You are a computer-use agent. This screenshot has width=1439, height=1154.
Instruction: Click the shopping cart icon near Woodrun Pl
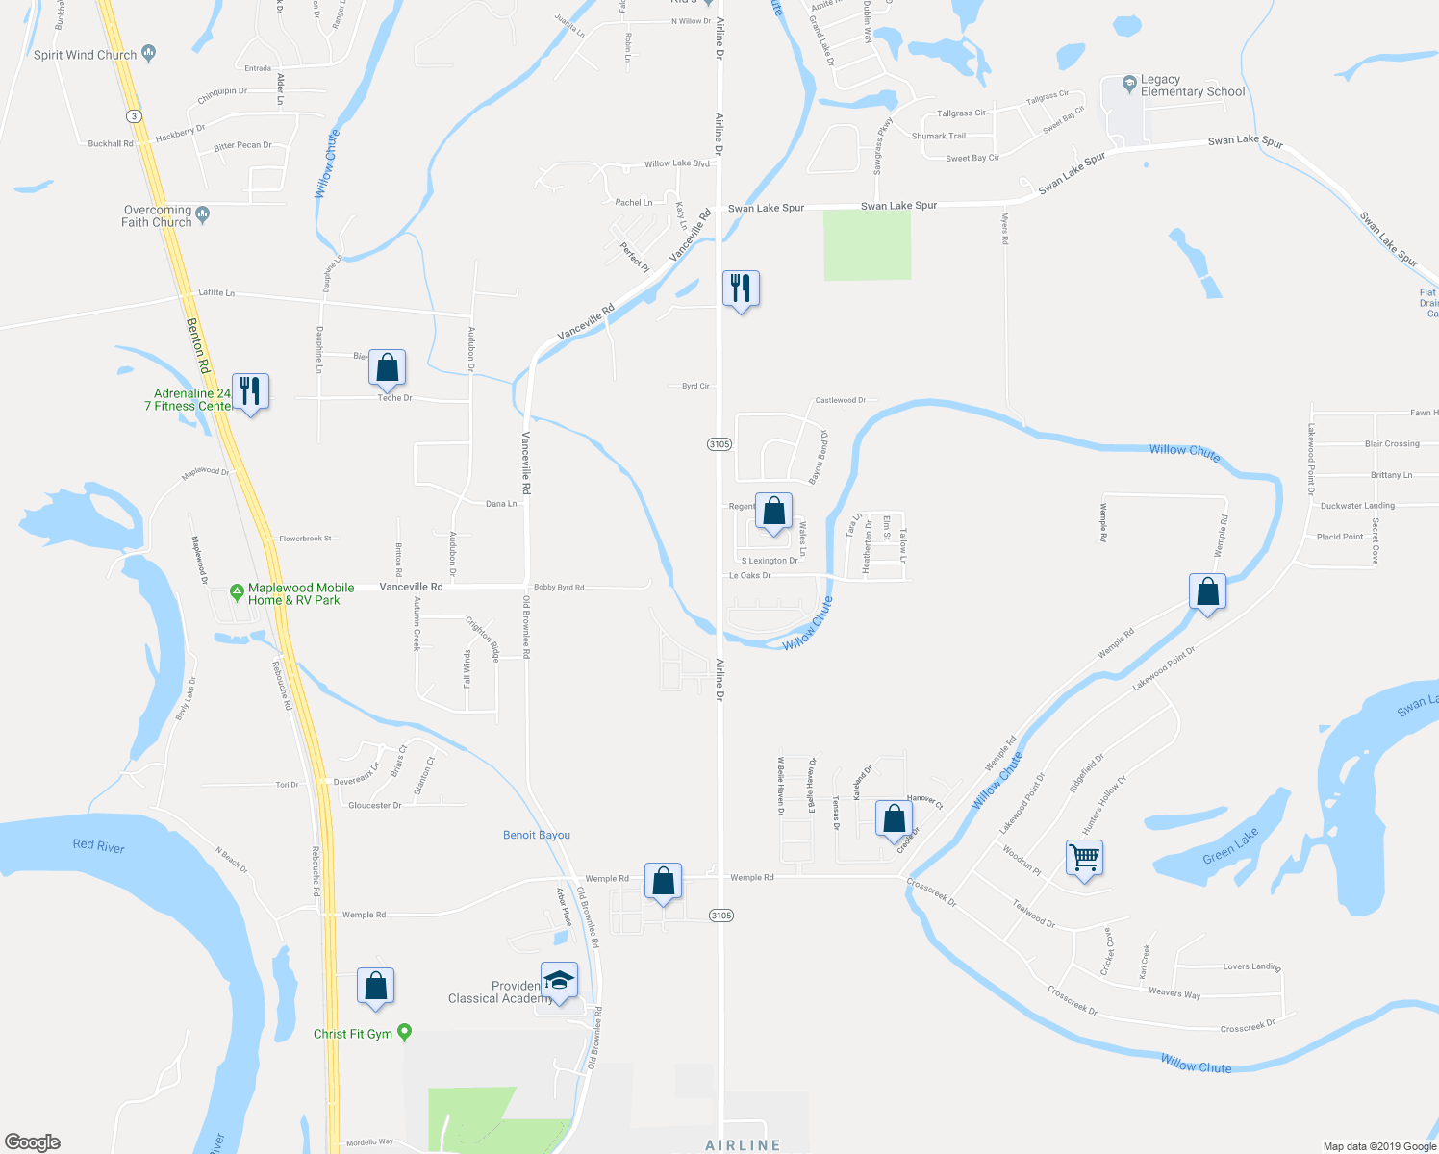[x=1084, y=857]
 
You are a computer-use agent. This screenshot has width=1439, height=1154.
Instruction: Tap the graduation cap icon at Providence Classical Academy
[x=559, y=980]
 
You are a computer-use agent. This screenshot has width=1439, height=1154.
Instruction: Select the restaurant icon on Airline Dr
[x=741, y=288]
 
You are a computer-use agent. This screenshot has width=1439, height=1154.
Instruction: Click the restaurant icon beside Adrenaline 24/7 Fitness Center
[x=250, y=391]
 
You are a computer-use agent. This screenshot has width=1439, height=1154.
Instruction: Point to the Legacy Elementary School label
[x=1192, y=86]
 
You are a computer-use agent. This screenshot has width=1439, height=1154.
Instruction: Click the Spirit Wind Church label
[x=86, y=55]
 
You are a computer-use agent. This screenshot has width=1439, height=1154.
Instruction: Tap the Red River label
[x=99, y=846]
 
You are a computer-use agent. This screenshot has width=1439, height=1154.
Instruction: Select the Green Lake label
[x=1230, y=845]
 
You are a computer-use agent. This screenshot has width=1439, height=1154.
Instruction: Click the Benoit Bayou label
[x=537, y=835]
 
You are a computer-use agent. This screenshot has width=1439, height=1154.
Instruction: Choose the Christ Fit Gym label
[x=353, y=1034]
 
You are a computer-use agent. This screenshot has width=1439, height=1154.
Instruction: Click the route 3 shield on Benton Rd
[x=134, y=115]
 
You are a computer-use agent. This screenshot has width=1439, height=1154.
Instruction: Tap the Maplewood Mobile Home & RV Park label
[x=300, y=594]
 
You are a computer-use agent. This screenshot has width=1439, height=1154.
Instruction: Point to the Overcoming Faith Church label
[x=157, y=216]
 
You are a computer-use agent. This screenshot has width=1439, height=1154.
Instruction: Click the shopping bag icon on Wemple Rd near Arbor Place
[x=663, y=881]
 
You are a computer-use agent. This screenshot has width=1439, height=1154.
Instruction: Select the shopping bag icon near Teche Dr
[x=387, y=367]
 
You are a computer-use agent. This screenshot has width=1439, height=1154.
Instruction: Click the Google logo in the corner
[x=32, y=1142]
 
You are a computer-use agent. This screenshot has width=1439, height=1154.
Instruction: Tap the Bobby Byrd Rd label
[x=559, y=587]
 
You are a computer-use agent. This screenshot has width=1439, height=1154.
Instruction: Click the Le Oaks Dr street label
[x=749, y=575]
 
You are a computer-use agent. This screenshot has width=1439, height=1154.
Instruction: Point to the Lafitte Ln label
[x=216, y=292]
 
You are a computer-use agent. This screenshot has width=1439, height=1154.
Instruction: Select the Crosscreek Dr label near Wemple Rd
[x=931, y=891]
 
